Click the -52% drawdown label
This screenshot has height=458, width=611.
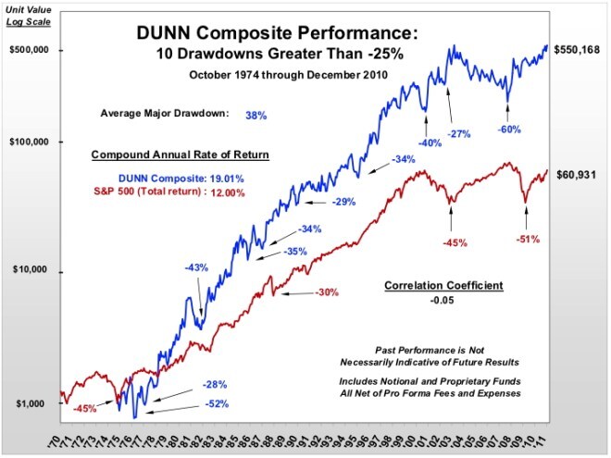pyautogui.click(x=215, y=403)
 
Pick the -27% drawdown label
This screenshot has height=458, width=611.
pyautogui.click(x=460, y=134)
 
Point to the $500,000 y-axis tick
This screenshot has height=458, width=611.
pyautogui.click(x=30, y=51)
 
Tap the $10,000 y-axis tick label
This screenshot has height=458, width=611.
pyautogui.click(x=33, y=271)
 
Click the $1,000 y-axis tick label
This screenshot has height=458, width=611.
pyautogui.click(x=35, y=404)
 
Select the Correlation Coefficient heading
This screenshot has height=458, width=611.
pyautogui.click(x=443, y=285)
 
